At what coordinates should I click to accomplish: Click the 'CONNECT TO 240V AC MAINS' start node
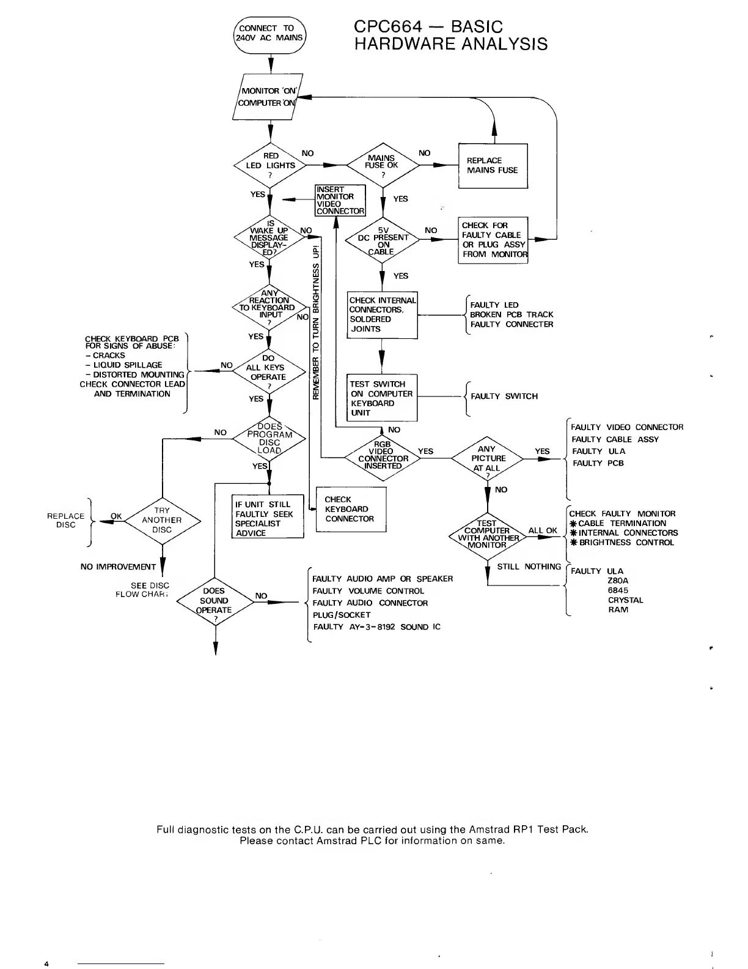click(x=271, y=33)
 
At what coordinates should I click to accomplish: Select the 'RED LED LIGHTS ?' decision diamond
click(x=269, y=165)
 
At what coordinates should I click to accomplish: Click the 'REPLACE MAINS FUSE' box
click(x=493, y=166)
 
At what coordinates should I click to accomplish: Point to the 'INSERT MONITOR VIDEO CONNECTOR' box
click(x=340, y=200)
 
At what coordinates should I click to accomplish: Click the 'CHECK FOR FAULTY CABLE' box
click(x=493, y=240)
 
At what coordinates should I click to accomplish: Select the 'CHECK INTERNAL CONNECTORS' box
click(x=383, y=315)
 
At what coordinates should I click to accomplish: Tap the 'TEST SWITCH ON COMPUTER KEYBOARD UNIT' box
click(x=383, y=398)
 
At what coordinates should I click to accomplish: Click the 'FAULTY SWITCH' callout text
click(x=504, y=396)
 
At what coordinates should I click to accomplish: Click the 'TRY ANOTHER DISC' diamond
click(x=162, y=520)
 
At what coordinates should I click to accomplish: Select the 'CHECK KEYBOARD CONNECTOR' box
click(x=351, y=509)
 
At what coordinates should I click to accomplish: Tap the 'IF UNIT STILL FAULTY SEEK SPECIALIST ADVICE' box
click(x=268, y=517)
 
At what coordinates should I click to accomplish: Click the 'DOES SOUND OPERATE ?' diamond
click(x=214, y=602)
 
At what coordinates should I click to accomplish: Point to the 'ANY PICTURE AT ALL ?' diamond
click(x=488, y=458)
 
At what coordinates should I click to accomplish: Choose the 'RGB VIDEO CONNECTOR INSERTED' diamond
click(x=383, y=458)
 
